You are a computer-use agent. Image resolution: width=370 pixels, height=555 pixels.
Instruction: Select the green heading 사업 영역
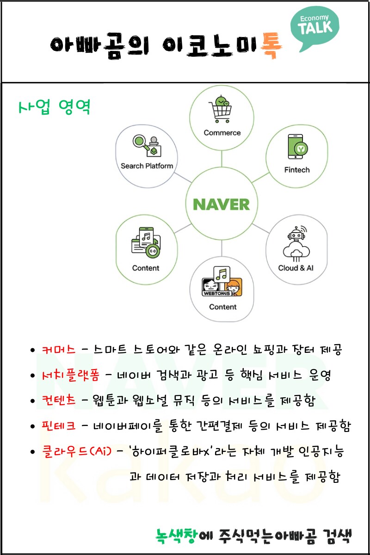(x=54, y=107)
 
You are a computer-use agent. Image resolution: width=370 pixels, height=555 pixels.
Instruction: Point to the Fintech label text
(x=296, y=170)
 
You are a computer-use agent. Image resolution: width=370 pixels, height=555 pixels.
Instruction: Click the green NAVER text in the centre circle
(x=221, y=204)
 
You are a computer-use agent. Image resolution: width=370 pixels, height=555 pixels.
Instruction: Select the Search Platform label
(x=147, y=166)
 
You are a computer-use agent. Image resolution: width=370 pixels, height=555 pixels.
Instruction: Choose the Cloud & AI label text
(x=296, y=268)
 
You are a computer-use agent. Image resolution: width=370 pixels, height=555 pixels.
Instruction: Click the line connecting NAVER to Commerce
(x=222, y=160)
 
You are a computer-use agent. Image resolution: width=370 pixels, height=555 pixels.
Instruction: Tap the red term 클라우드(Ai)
(x=76, y=451)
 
